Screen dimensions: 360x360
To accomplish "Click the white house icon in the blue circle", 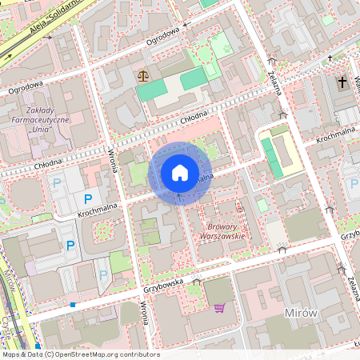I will click(179, 172).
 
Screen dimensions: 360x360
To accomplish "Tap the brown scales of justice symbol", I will click(143, 77).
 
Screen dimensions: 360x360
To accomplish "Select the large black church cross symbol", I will click(342, 82).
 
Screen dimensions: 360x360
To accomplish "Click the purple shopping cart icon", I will click(219, 307).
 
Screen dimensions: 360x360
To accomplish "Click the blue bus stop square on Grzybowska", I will click(73, 305).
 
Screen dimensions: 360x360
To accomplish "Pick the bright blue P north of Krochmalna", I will click(88, 198).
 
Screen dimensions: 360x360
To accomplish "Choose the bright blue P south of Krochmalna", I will click(70, 246).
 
